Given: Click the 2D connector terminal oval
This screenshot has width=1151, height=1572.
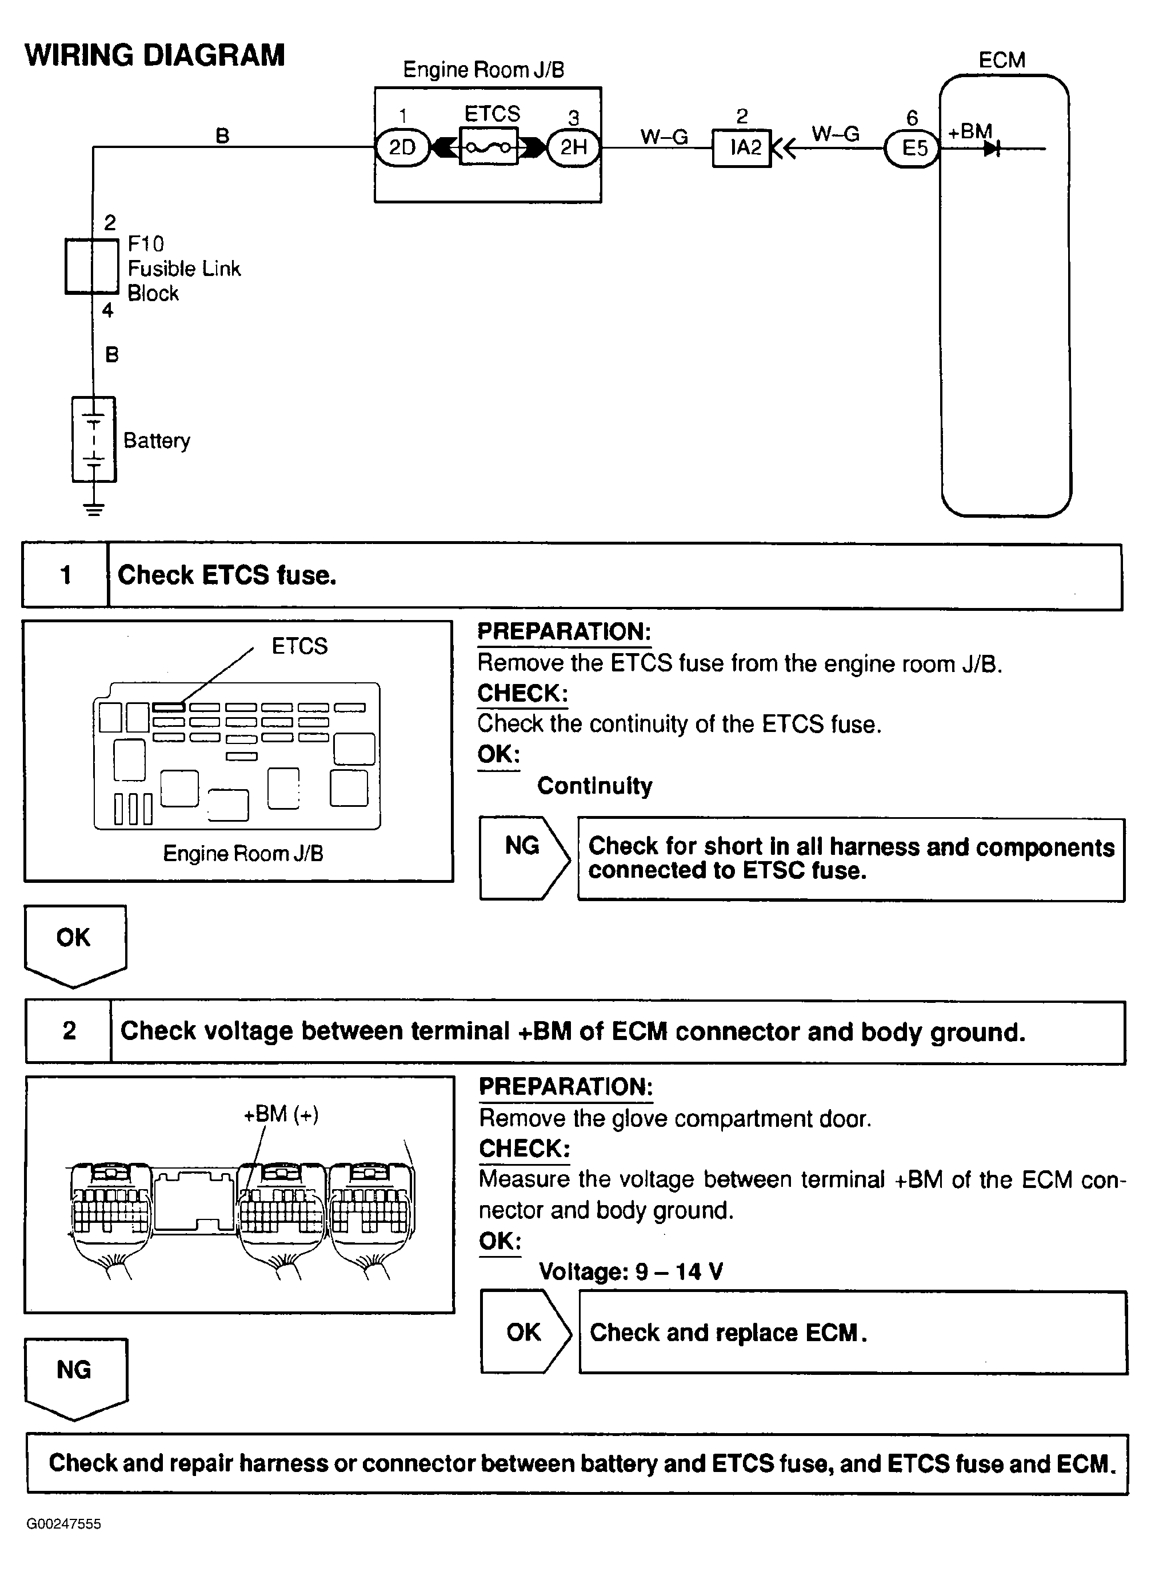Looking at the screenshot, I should point(402,147).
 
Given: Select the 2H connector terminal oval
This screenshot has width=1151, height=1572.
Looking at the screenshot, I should point(573,147).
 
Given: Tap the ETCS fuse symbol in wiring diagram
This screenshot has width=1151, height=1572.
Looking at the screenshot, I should point(489,147).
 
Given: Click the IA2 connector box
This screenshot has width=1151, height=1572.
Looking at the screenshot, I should point(741,147).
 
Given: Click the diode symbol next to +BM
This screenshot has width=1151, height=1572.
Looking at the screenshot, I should point(992,149).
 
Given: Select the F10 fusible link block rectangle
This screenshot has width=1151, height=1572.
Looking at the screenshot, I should point(92,266).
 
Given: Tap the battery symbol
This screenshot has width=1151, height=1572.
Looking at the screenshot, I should point(93,439).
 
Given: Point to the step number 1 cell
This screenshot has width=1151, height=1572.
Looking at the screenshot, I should point(66,575).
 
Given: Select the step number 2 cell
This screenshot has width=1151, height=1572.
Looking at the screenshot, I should point(69,1031).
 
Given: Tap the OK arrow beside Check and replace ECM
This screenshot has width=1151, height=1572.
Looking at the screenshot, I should point(525,1331).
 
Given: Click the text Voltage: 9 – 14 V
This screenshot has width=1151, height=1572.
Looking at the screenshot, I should point(630,1271).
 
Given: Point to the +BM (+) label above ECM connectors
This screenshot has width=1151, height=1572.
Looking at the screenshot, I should point(281,1114).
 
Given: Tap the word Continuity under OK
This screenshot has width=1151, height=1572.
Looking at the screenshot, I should point(594,786).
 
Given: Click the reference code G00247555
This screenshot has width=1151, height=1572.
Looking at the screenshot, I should point(64,1524).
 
